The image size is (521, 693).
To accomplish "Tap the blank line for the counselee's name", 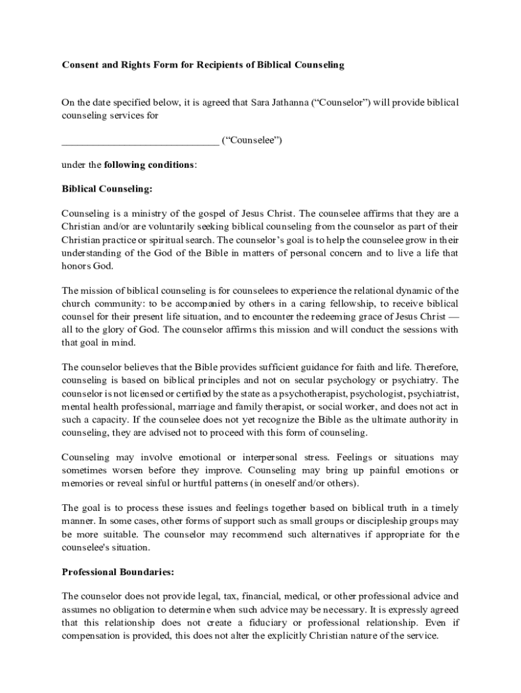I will (140, 141).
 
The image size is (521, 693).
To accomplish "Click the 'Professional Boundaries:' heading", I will (118, 572).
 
